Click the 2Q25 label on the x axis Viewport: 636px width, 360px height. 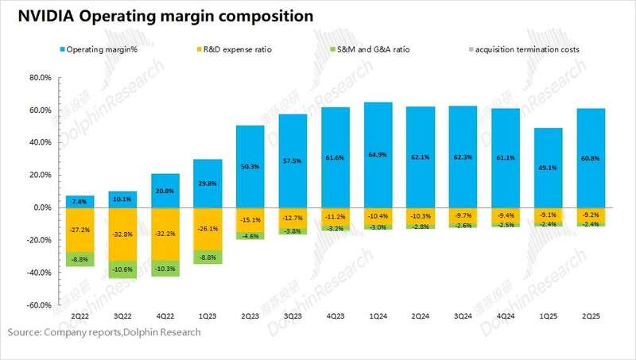pyautogui.click(x=591, y=316)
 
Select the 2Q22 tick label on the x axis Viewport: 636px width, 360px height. pyautogui.click(x=79, y=316)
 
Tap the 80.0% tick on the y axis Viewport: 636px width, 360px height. pyautogui.click(x=39, y=78)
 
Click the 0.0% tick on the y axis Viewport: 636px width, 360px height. pyautogui.click(x=41, y=207)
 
